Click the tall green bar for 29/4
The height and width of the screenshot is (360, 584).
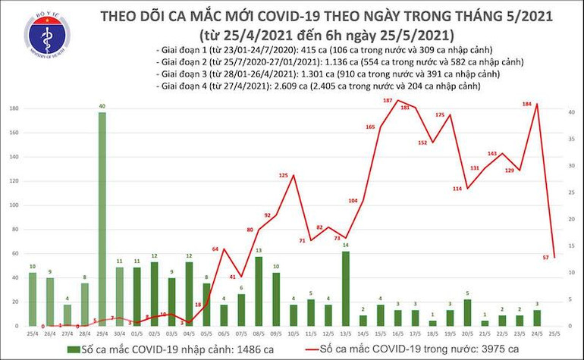click(x=102, y=220)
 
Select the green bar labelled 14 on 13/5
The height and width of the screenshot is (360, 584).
click(x=345, y=288)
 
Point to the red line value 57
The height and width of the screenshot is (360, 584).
click(x=545, y=258)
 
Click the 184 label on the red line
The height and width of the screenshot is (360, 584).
click(x=526, y=104)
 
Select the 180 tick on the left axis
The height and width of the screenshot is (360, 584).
click(x=13, y=109)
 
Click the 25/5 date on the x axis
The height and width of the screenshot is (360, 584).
click(x=554, y=333)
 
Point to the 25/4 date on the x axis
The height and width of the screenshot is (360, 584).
click(x=33, y=333)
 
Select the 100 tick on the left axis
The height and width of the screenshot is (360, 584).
click(x=13, y=205)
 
